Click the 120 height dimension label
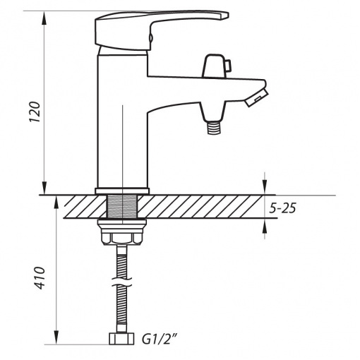(x=35, y=112)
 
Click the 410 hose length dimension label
(x=40, y=278)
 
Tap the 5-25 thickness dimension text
(x=282, y=208)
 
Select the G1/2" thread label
(x=160, y=340)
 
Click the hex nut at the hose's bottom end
(x=121, y=339)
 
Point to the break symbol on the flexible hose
(x=121, y=282)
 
